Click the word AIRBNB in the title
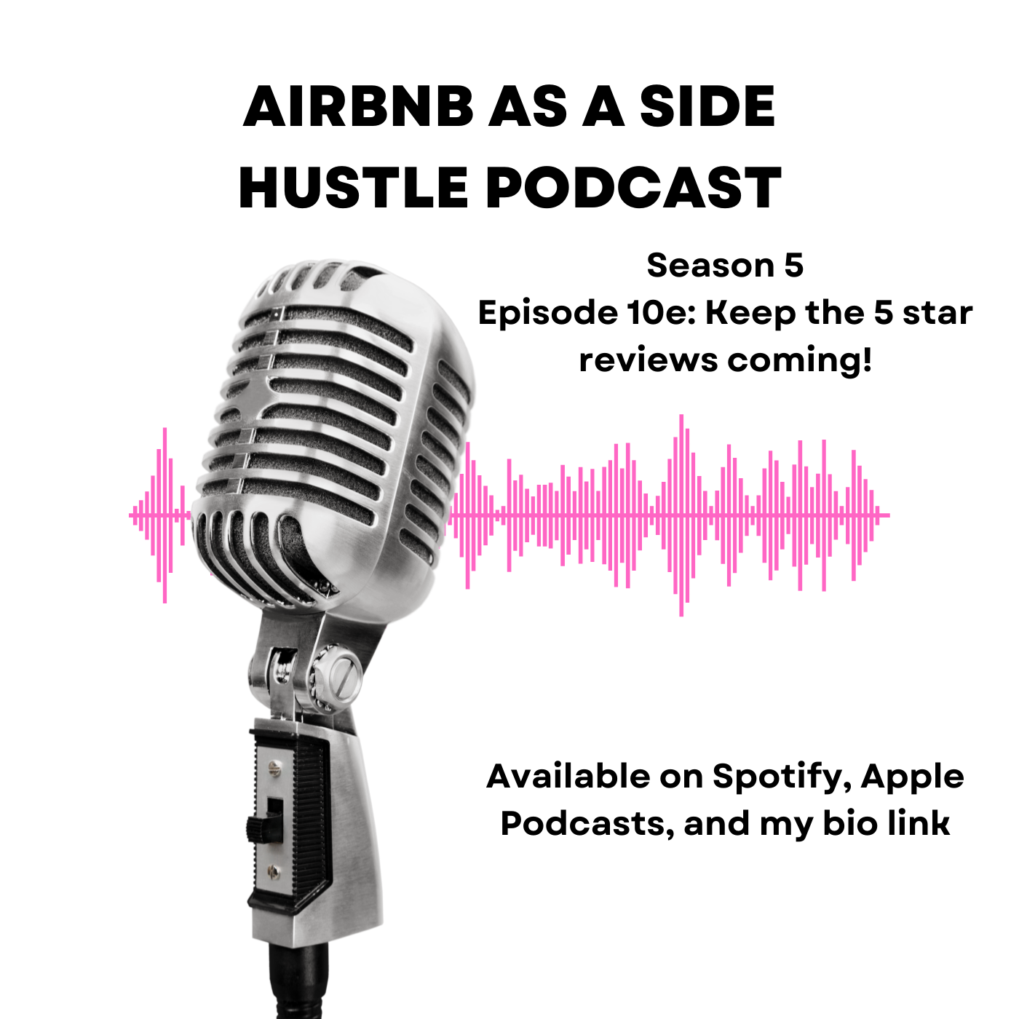click(x=358, y=106)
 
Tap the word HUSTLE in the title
click(x=353, y=188)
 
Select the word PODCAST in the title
click(x=633, y=188)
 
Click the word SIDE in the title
click(x=707, y=106)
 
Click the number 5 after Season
click(x=794, y=265)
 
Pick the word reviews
click(x=649, y=361)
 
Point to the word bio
click(x=851, y=823)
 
